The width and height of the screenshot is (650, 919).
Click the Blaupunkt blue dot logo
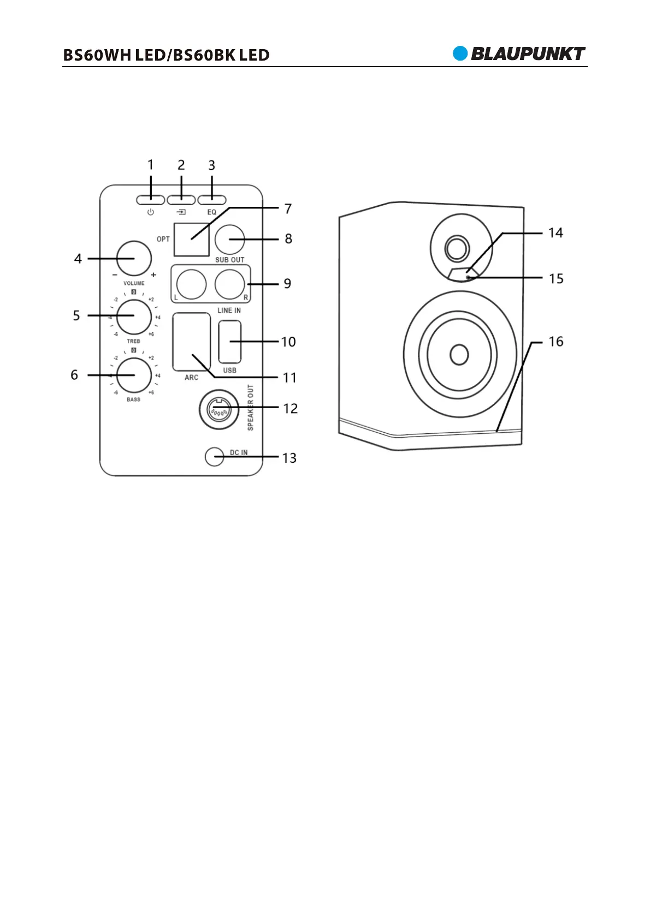click(460, 53)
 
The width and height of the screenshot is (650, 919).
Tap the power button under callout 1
click(151, 200)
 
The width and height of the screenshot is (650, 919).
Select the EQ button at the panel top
click(212, 200)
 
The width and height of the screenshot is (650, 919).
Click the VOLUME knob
click(134, 259)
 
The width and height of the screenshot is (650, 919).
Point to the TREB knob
click(134, 317)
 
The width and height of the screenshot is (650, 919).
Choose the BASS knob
click(134, 375)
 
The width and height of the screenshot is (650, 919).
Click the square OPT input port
click(191, 240)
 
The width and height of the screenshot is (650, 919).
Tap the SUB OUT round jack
click(229, 240)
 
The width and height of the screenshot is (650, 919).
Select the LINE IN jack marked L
click(191, 284)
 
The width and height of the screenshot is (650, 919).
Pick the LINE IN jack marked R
click(229, 284)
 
